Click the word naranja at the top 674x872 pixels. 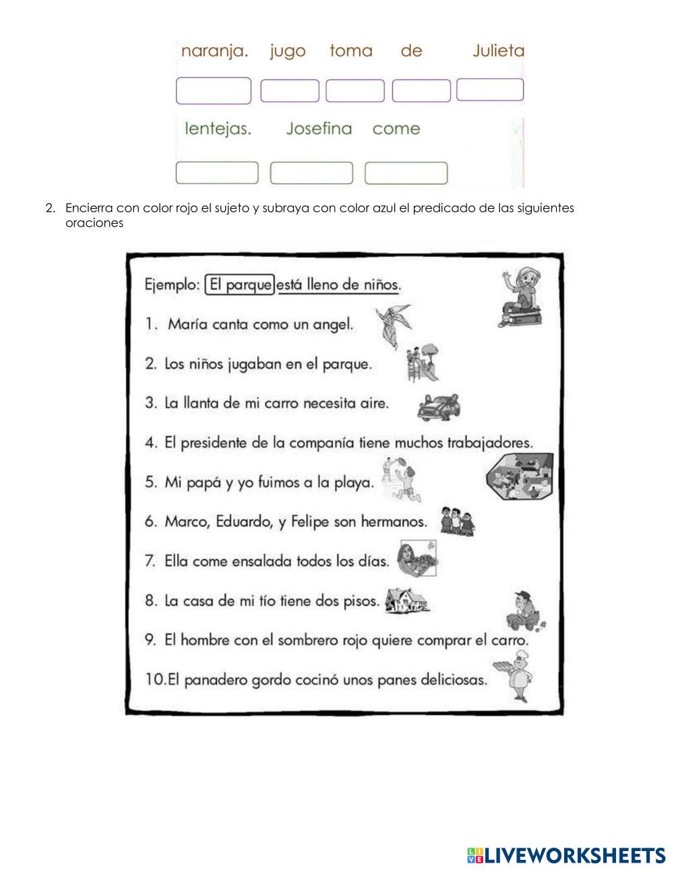214,52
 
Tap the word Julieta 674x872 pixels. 498,51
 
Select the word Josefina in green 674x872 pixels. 319,129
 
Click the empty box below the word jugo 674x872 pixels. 290,91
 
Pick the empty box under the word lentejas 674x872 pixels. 217,173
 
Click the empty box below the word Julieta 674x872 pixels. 490,90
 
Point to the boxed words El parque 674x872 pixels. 240,284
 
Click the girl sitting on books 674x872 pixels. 520,297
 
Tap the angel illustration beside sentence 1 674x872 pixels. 393,325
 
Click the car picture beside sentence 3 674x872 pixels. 439,406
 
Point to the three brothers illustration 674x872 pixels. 457,522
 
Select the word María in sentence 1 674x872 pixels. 187,324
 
